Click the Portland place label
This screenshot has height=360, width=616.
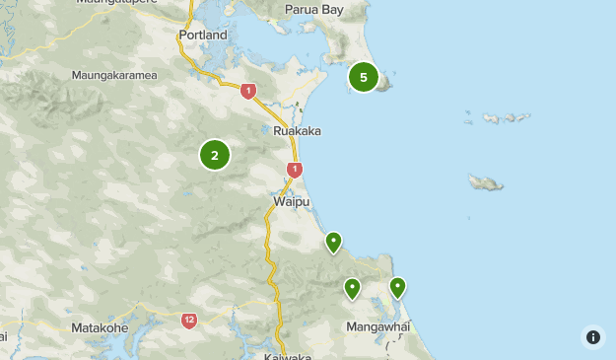[x=203, y=36]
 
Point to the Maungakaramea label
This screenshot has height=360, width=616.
[x=117, y=75]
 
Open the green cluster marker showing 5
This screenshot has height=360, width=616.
[x=364, y=77]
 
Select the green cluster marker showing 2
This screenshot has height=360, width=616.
[x=214, y=155]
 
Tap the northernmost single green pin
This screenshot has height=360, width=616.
[x=334, y=241]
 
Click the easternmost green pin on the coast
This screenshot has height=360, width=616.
[x=397, y=287]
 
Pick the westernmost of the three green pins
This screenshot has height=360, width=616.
[x=352, y=288]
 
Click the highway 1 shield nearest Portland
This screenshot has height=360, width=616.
[x=248, y=91]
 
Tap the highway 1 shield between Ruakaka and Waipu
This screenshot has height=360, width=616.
[x=294, y=170]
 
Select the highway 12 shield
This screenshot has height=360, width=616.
[x=189, y=321]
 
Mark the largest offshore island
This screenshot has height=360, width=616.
[x=486, y=183]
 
